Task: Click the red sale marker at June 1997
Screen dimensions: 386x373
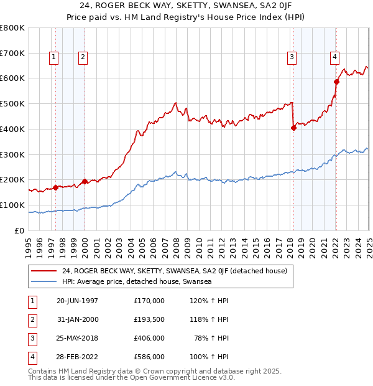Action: point(55,187)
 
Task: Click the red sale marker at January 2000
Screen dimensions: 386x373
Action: point(85,181)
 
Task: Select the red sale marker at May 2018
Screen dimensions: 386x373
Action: point(293,128)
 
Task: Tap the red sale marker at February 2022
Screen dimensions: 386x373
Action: point(336,82)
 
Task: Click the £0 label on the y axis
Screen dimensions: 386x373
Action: point(19,230)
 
